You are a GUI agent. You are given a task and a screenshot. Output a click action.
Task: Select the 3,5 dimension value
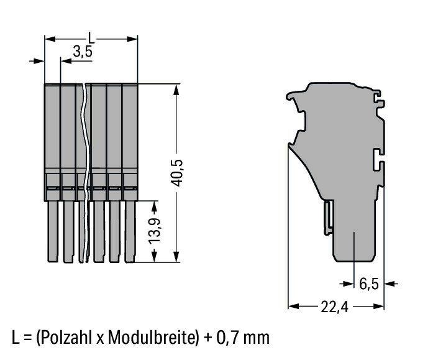[83, 51]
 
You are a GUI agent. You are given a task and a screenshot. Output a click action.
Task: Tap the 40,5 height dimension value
[176, 173]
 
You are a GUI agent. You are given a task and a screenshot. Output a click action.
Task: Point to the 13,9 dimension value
[154, 231]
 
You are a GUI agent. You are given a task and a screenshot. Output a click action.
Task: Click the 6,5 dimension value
[369, 284]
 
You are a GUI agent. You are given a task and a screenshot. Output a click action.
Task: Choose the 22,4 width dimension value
[334, 307]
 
